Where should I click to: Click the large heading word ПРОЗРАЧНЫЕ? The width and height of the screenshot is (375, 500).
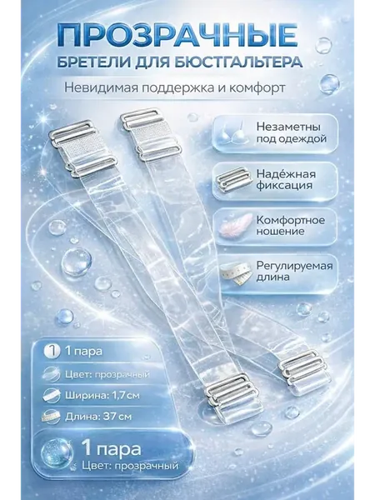coord(177,34)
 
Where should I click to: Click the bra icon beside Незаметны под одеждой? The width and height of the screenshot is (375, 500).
coord(234,133)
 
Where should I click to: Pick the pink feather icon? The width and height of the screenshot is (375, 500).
coord(234,225)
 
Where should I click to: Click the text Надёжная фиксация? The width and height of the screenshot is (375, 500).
coord(286,179)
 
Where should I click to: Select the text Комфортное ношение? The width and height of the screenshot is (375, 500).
coord(291,226)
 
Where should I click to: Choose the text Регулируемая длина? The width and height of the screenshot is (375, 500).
coord(294,272)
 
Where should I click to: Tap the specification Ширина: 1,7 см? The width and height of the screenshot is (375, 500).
coord(102,396)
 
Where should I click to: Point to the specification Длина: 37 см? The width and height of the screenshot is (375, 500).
coord(98,417)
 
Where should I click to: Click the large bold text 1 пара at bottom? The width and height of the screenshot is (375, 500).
coord(111,449)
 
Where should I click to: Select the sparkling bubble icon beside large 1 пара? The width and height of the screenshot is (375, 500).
coord(57,454)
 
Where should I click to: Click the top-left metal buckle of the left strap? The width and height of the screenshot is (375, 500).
coord(82,149)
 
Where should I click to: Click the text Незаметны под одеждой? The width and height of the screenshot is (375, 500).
coord(292,132)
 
